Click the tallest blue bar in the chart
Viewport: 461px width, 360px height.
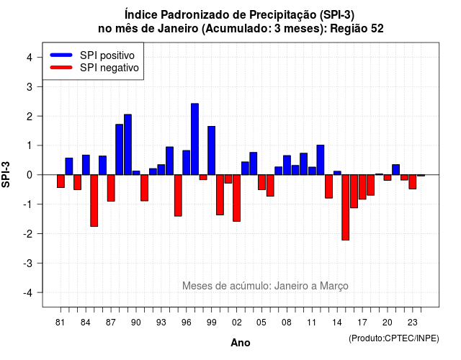[x=194, y=139]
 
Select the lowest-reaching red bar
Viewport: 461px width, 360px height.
[x=346, y=207]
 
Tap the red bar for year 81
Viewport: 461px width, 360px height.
[x=61, y=181]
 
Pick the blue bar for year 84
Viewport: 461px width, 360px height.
[x=86, y=165]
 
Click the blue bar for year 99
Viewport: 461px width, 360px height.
[x=211, y=150]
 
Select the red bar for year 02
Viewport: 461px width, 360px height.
[x=237, y=198]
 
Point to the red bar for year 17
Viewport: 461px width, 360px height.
[x=362, y=187]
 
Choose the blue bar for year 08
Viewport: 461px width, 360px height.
[x=287, y=165]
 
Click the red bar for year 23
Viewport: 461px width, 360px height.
[x=413, y=182]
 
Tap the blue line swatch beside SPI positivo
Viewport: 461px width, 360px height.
[x=61, y=55]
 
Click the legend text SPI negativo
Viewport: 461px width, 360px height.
[x=109, y=68]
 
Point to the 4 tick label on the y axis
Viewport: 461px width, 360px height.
[x=30, y=58]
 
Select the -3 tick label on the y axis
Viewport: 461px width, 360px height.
[x=28, y=263]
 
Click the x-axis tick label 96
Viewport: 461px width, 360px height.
[x=186, y=323]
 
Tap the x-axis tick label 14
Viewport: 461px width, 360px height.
[x=337, y=323]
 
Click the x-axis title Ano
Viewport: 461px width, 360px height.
[x=241, y=343]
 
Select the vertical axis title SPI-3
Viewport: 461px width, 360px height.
[x=6, y=174]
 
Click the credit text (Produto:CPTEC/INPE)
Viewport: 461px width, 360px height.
[x=394, y=338]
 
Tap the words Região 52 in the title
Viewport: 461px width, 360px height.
[x=357, y=29]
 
